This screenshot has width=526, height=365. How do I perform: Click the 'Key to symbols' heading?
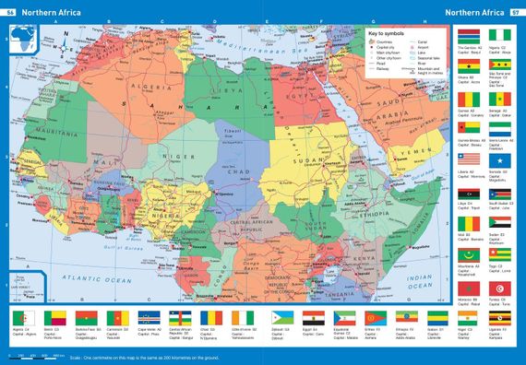(386, 34)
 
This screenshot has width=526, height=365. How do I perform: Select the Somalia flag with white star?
(499, 160)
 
